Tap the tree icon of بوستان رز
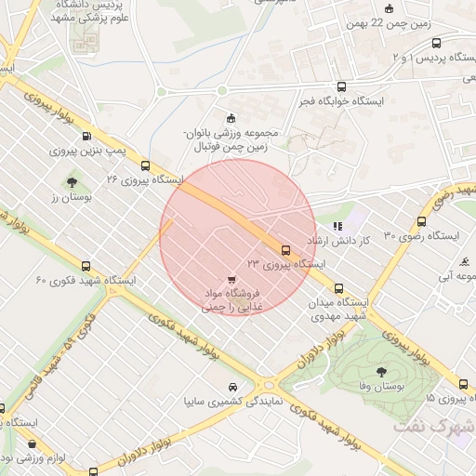coord(73,181)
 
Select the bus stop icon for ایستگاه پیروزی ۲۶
coord(144,165)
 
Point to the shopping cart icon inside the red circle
coord(231,279)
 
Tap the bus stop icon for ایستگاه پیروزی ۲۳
coord(285,249)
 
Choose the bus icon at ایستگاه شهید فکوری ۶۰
coord(86,266)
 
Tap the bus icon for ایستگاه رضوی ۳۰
coord(422,222)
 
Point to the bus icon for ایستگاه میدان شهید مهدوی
coord(338,288)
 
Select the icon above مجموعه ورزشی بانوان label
coord(231,117)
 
